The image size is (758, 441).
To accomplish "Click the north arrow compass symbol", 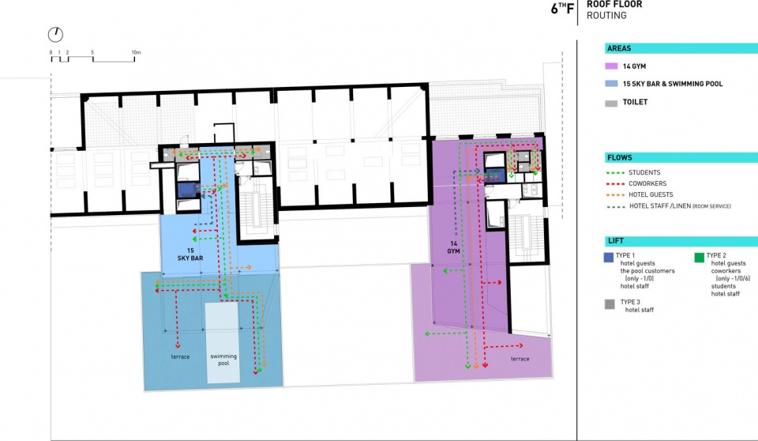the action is [x=55, y=34].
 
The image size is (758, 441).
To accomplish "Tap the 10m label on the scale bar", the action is [x=136, y=52].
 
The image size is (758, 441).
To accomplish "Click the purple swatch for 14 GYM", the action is [x=611, y=66].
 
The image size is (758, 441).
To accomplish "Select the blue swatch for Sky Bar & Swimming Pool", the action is [x=611, y=84].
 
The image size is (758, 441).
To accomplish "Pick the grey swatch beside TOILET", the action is [x=611, y=103].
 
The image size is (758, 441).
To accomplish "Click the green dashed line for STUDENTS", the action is [x=614, y=173].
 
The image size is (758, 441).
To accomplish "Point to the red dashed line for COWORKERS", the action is [x=614, y=184].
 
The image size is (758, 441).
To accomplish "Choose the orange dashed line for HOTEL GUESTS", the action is [x=614, y=195].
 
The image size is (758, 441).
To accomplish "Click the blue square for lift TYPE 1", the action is [x=609, y=258].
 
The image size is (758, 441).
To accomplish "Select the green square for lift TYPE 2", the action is [x=699, y=258].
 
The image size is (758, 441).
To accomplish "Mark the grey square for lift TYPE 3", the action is [x=610, y=304].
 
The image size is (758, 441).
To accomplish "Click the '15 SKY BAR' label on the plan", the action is [x=190, y=254].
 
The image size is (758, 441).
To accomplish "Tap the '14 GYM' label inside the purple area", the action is [x=453, y=247].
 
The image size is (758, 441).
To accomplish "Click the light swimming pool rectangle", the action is [x=223, y=343].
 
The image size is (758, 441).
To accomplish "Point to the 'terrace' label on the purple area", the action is [x=520, y=359].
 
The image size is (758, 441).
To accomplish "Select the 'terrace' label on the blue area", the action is [x=180, y=356].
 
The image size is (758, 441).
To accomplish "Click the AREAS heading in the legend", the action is [x=619, y=48].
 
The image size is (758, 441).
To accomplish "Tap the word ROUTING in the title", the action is [x=606, y=16].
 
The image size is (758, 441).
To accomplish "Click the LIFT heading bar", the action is [x=681, y=241].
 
